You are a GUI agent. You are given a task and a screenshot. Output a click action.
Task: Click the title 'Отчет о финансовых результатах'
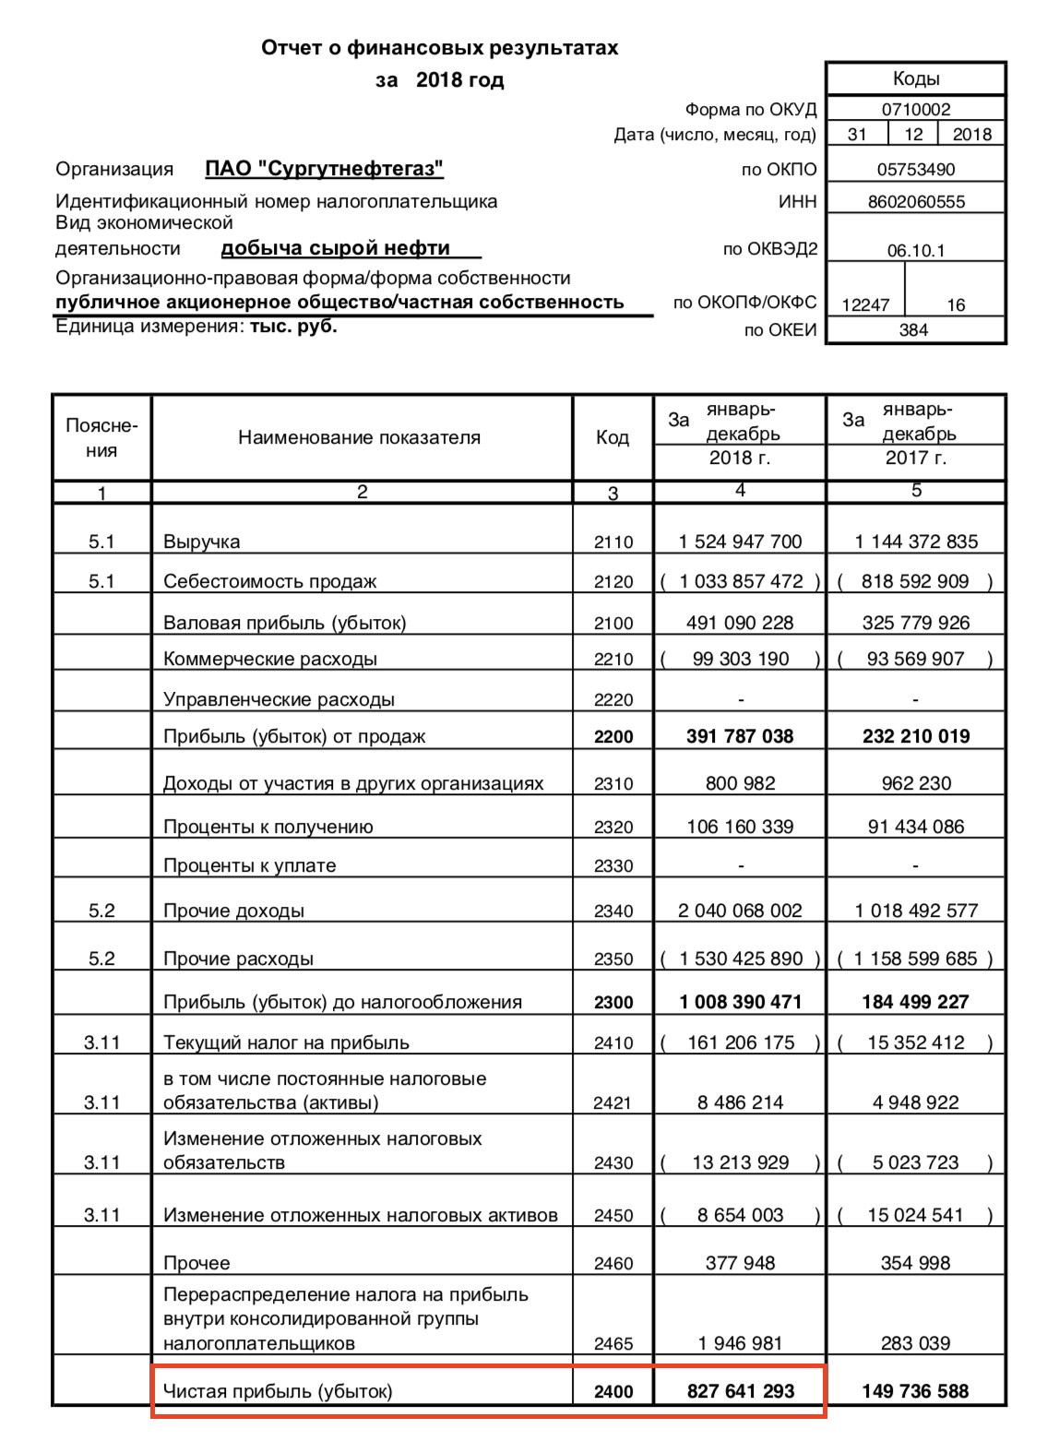[439, 48]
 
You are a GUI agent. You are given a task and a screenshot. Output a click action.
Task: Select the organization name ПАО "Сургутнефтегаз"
[324, 169]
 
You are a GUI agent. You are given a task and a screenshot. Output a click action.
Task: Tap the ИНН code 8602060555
[915, 202]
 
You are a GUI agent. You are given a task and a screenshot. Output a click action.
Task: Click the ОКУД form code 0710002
[915, 109]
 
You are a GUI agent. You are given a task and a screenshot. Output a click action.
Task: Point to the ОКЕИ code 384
[913, 330]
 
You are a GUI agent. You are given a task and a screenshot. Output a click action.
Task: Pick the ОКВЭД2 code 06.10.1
[915, 251]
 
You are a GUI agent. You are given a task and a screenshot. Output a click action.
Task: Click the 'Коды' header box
[915, 79]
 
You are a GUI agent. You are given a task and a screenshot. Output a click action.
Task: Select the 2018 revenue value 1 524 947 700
[740, 542]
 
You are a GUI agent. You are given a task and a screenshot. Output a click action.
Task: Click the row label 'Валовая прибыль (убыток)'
[284, 623]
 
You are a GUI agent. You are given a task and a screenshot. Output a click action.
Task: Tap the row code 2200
[613, 736]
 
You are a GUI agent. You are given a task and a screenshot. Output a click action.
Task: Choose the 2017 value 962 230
[915, 783]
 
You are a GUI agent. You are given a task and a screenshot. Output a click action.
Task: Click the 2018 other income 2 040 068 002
[740, 911]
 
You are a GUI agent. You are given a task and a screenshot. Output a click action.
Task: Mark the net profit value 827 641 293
[740, 1391]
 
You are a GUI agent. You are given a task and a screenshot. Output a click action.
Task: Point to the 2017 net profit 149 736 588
[915, 1391]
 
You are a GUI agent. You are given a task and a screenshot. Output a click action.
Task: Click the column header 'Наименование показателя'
[359, 437]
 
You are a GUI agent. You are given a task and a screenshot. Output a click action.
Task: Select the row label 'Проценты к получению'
[268, 827]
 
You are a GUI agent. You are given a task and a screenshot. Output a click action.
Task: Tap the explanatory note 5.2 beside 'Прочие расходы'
[101, 959]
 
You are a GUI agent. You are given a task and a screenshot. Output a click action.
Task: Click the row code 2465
[613, 1344]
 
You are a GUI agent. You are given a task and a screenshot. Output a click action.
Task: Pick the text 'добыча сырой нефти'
[336, 248]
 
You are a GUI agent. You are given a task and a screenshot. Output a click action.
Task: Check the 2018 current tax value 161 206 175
[740, 1042]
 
